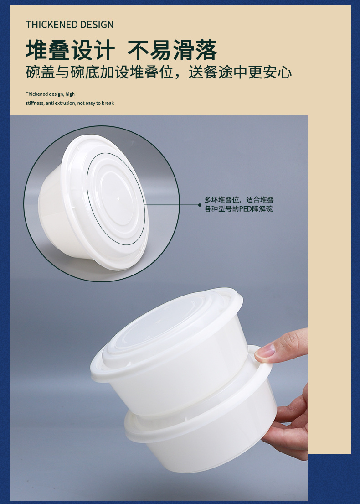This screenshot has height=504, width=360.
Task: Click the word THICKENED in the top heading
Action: tap(51, 25)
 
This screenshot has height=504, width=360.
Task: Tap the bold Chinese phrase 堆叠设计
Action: tap(70, 50)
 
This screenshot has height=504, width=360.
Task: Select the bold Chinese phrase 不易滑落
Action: tap(172, 50)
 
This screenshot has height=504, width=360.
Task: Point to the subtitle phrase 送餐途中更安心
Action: tap(240, 73)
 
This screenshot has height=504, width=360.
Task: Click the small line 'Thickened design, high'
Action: tap(50, 94)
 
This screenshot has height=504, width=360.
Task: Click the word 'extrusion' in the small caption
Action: tap(65, 103)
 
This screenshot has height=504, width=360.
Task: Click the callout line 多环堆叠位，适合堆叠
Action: tap(239, 200)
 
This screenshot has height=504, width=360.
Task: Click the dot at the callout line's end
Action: tap(200, 205)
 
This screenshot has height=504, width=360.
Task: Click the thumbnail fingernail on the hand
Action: tap(265, 352)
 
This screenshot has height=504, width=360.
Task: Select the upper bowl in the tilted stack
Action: tap(167, 347)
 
